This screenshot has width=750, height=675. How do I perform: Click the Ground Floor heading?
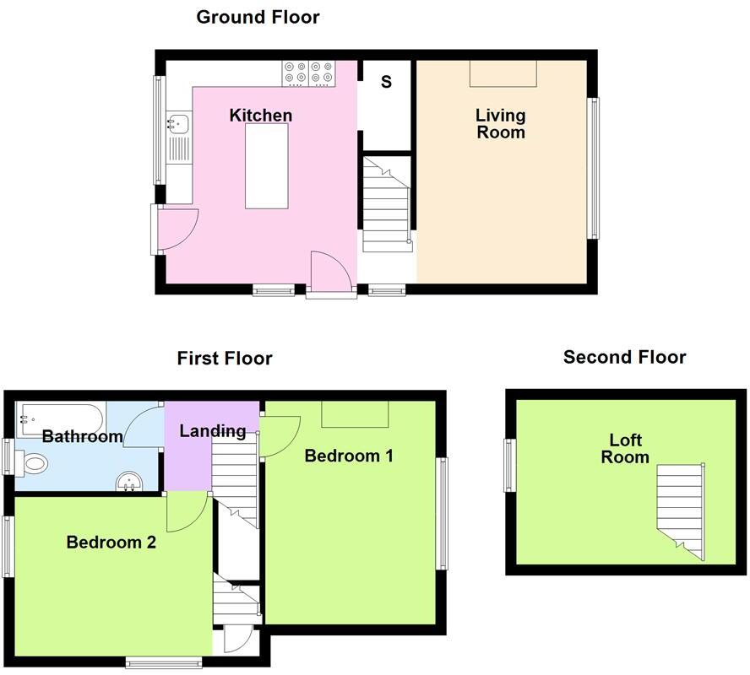[258, 17]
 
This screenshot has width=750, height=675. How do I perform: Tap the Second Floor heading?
[625, 357]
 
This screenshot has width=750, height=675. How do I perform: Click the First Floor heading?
[225, 358]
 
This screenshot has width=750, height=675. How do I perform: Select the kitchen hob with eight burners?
[309, 73]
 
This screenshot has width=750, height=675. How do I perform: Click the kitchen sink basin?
[178, 123]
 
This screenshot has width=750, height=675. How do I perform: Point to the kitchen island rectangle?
[267, 165]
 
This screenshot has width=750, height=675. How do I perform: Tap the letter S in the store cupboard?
[386, 82]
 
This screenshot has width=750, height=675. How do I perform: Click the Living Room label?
[500, 124]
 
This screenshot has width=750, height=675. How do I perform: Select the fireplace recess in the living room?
[503, 73]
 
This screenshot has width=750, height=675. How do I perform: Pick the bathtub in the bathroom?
[61, 420]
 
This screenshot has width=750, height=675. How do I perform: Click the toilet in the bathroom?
[31, 463]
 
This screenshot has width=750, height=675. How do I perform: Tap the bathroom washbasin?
[129, 481]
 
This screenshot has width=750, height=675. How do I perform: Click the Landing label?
[212, 431]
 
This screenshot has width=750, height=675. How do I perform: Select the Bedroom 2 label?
[111, 543]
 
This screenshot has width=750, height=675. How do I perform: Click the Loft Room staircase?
[681, 513]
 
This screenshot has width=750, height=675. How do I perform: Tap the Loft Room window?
[510, 465]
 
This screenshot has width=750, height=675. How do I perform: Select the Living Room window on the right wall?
[593, 168]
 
